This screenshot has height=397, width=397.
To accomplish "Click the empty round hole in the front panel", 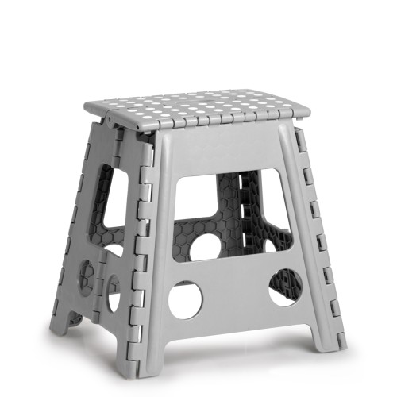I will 185,300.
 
